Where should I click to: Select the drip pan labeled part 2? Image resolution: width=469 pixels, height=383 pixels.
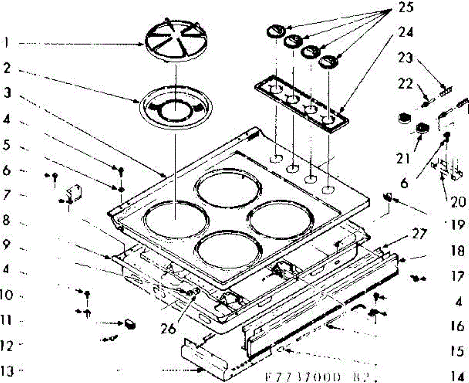tap(175, 107)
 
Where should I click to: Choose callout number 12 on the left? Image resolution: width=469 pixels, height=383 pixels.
tap(9, 345)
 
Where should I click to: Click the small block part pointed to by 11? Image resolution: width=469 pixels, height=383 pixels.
tap(130, 324)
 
